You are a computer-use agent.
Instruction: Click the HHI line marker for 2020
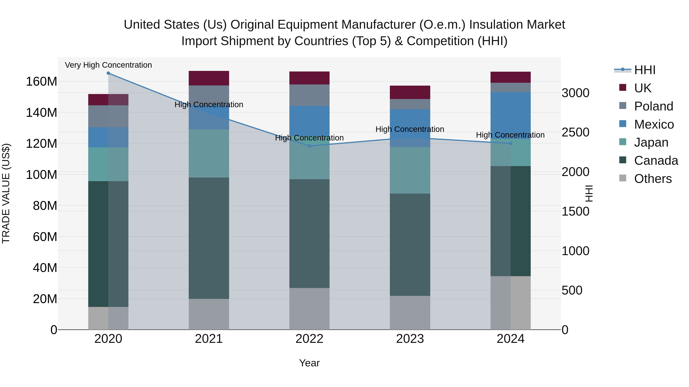(108, 73)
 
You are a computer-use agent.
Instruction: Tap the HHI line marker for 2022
(309, 146)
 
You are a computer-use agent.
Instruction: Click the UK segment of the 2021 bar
(209, 78)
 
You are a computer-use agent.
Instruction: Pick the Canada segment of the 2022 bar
(309, 234)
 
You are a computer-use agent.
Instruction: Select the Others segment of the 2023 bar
(410, 313)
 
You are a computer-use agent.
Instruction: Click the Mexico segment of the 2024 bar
(511, 116)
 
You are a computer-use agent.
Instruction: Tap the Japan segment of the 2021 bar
(209, 154)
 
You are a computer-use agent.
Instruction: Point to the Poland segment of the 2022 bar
(309, 95)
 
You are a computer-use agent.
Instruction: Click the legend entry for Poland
(653, 106)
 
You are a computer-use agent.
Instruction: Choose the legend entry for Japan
(651, 142)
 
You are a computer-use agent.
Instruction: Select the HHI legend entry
(645, 70)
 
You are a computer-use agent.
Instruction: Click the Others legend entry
(653, 179)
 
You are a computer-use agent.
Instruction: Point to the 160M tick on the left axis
(42, 81)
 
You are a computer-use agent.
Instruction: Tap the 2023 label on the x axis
(410, 339)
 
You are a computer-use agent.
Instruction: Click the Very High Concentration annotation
(108, 65)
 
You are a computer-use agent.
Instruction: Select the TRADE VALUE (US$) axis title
(6, 193)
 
